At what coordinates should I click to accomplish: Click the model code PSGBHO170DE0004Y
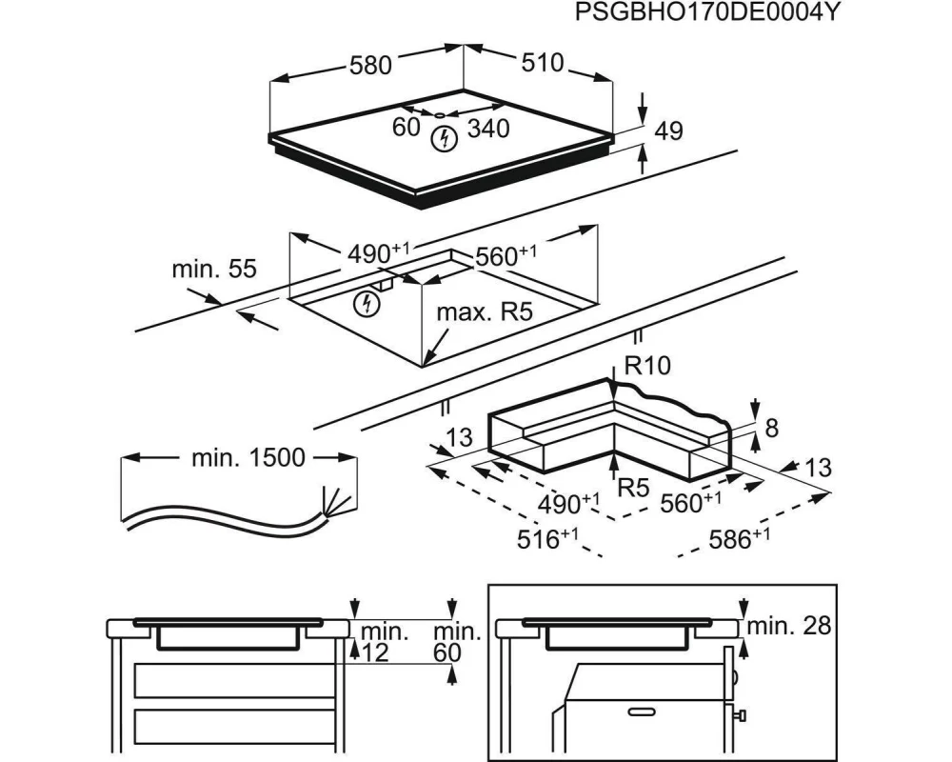(708, 12)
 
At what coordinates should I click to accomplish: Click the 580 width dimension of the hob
(369, 65)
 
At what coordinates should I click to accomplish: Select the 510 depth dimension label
(543, 63)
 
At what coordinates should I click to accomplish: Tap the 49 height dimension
(669, 131)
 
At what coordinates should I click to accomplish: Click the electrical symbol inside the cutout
(365, 304)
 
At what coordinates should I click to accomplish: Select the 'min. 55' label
(214, 270)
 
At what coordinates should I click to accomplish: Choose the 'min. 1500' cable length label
(249, 458)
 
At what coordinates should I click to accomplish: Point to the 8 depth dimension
(770, 429)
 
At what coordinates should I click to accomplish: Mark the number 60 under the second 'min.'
(446, 652)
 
